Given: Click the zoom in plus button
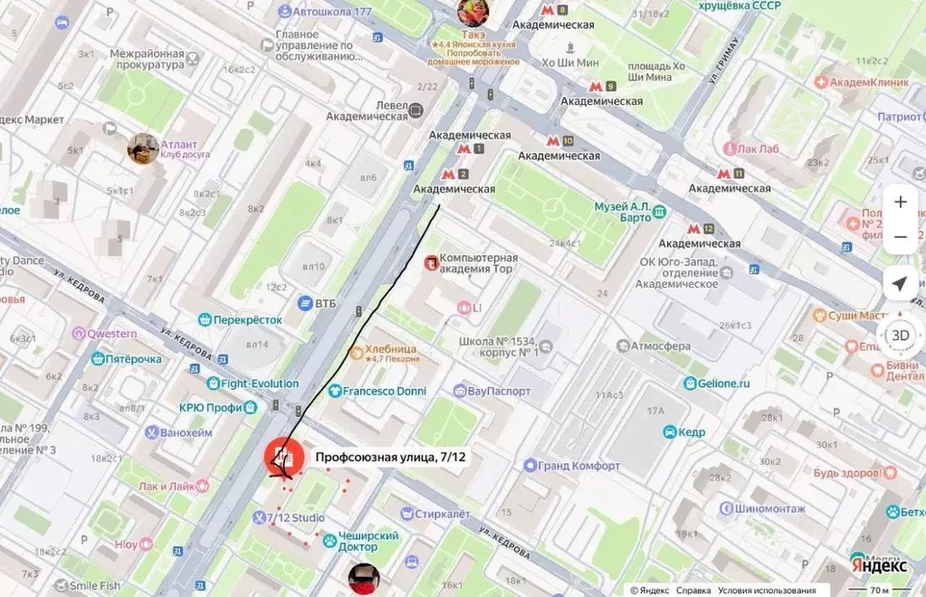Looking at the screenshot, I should coord(900,202).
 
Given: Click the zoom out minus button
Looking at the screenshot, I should coord(900,237).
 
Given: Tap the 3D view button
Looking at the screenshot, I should coord(900,335).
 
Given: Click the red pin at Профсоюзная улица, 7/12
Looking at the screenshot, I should coord(283,455).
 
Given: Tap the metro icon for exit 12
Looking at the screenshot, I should coord(694,229).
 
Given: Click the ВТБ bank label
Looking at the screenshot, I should coord(325,303).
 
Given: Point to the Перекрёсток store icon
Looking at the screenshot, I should coord(205,319).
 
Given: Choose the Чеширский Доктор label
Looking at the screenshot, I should coord(368,541).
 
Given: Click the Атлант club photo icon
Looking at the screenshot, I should coord(143,148).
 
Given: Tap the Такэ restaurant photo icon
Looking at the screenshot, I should coord(473,12).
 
